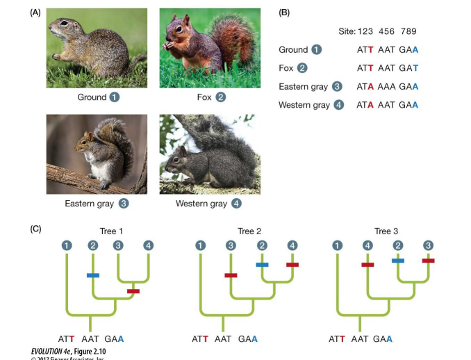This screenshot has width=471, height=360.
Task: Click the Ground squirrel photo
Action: point(97,48)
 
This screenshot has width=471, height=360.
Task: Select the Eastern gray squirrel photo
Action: point(97,154)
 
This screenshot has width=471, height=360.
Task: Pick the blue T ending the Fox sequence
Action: point(415,68)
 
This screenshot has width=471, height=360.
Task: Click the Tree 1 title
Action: point(111,231)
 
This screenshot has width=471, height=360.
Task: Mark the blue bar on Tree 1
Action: point(93,276)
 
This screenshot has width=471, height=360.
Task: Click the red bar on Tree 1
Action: point(133,291)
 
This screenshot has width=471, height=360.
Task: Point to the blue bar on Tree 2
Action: point(262,265)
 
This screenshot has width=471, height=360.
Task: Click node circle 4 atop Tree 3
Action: point(367,245)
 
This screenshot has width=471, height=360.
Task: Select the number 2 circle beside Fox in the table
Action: point(302,68)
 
